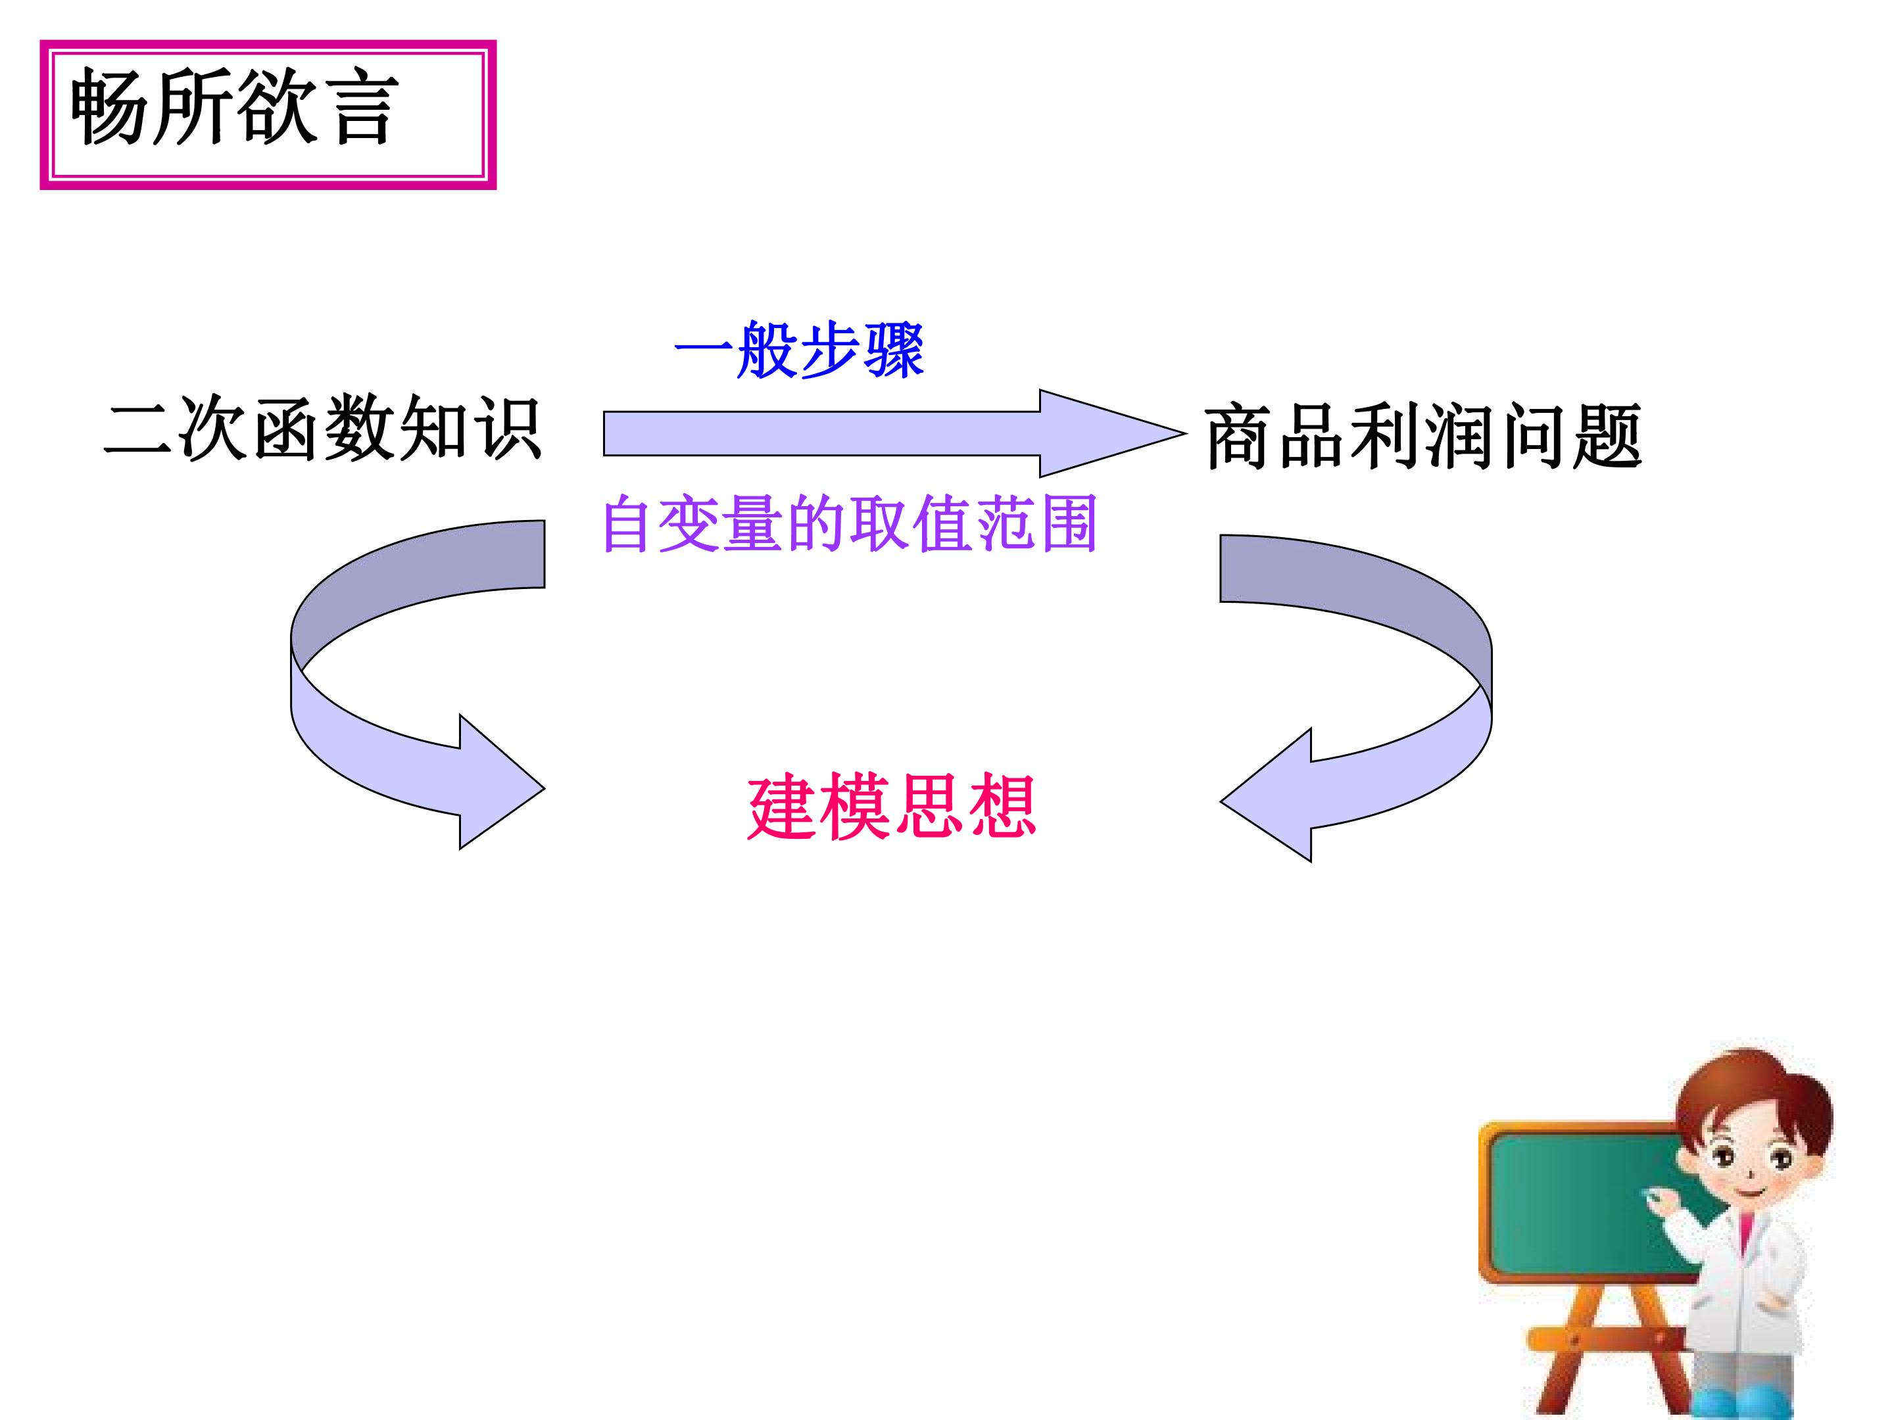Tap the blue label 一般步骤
coord(799,350)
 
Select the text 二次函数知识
coord(322,428)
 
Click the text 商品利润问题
coord(1423,436)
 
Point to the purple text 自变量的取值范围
coord(850,523)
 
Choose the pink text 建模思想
coord(891,807)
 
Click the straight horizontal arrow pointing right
coord(895,433)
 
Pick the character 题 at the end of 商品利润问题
coord(1607,437)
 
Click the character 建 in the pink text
coord(782,808)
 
